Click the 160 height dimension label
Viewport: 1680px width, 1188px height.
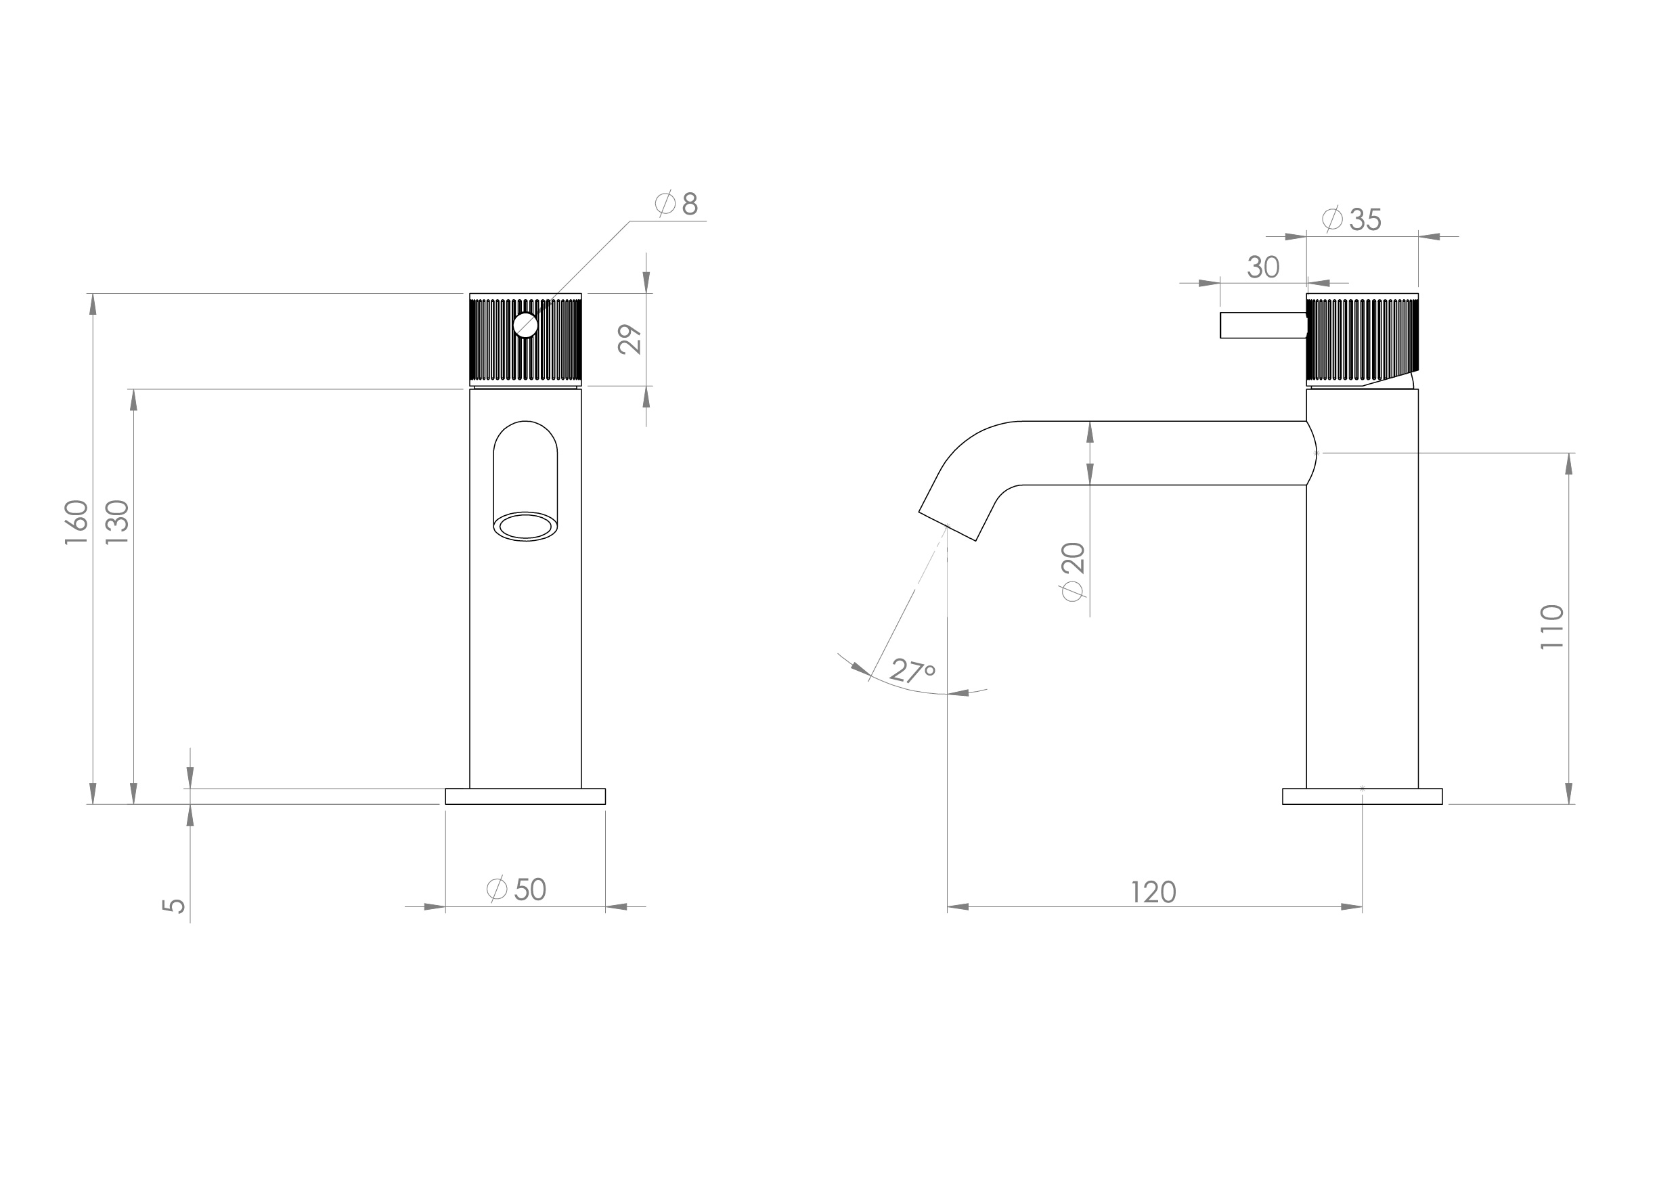pos(76,522)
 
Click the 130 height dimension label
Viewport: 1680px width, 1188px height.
pos(117,522)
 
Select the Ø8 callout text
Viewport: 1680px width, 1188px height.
pos(678,204)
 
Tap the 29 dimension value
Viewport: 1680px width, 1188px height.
pos(629,340)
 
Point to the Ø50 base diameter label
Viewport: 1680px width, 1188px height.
pos(517,889)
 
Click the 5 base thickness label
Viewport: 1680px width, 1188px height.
pos(173,906)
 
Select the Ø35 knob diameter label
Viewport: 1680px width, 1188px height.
pos(1352,219)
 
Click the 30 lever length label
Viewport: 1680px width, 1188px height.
pos(1263,268)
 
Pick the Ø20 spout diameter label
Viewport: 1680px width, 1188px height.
pos(1073,572)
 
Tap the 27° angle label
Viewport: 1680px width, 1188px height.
pos(912,670)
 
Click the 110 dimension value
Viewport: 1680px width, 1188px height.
pos(1552,627)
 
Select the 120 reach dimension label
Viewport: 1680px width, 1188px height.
pos(1153,892)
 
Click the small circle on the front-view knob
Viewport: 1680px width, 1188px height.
pos(525,324)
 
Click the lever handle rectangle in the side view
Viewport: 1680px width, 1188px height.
pos(1262,326)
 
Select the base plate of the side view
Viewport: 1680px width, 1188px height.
pos(1363,796)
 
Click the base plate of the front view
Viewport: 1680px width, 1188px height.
pos(525,796)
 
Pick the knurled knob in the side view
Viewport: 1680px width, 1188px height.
pos(1363,340)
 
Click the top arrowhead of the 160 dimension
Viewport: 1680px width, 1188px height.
pos(93,304)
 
